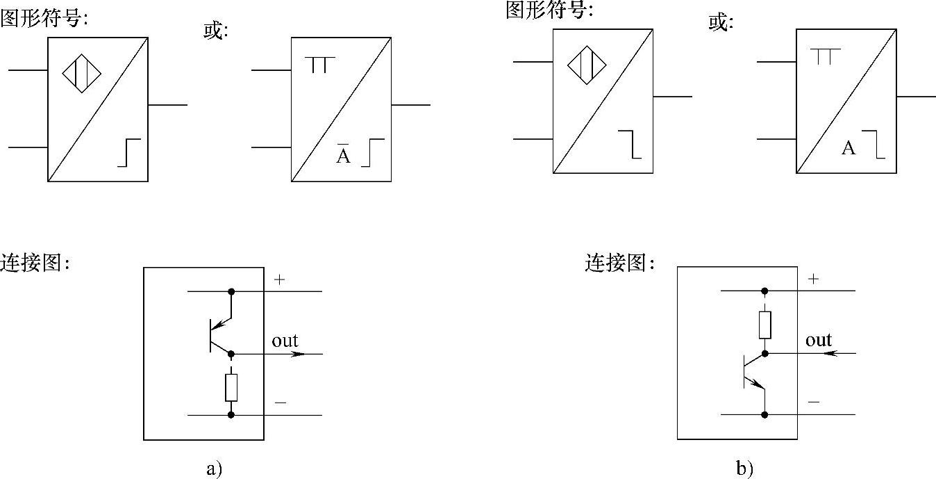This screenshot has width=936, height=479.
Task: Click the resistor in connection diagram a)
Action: point(231,387)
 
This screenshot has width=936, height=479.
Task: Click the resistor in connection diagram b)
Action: point(764,325)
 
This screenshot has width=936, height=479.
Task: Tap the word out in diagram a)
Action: point(285,341)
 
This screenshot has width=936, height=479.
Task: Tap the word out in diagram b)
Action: point(819,340)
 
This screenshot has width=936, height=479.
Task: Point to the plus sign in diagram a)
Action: point(280,280)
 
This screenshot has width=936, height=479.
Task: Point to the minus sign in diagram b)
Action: point(814,402)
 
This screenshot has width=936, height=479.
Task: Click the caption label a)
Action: point(214,469)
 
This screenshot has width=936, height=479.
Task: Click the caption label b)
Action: point(745,469)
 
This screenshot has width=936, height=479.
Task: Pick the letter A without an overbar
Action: point(849,147)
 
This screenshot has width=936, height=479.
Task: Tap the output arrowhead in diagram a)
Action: point(299,354)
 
